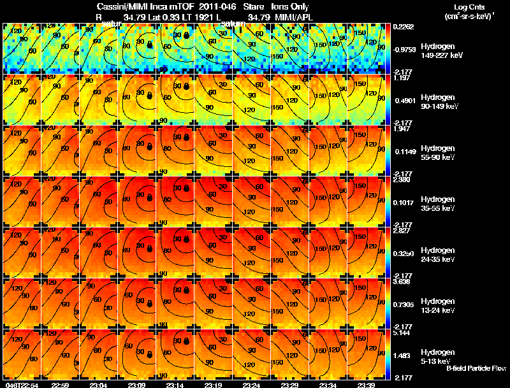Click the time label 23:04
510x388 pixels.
tap(99, 385)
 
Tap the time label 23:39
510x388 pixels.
tap(366, 385)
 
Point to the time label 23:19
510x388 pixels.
tap(213, 385)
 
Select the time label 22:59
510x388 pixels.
tap(61, 385)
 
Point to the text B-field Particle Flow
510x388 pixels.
tap(476, 368)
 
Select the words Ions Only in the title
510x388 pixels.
tap(290, 6)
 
